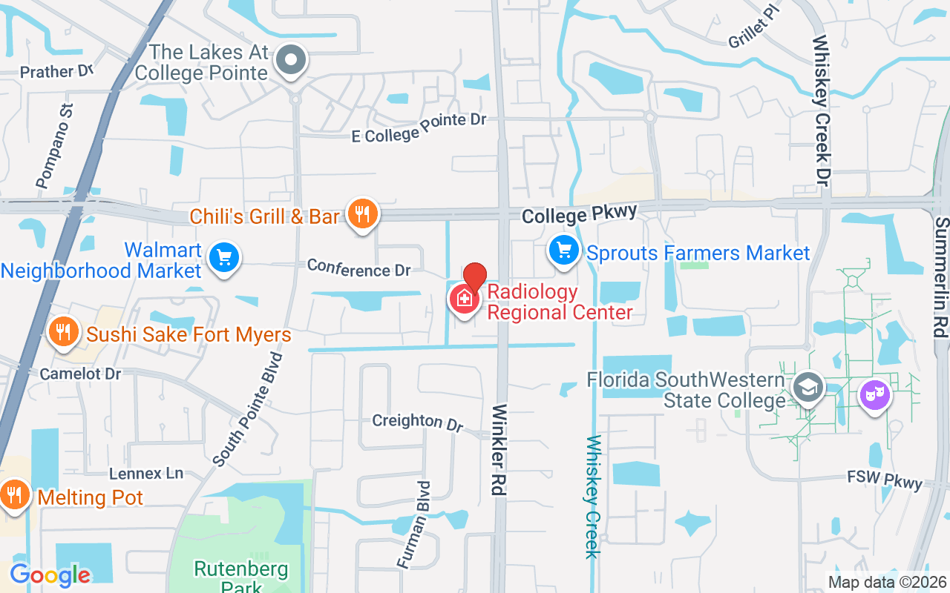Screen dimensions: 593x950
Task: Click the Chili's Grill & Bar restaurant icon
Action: coord(362,215)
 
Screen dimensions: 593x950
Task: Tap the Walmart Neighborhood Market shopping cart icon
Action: coord(224,258)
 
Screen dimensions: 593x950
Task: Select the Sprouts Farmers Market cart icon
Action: coord(565,251)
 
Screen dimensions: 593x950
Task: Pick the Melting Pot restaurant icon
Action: coord(13,494)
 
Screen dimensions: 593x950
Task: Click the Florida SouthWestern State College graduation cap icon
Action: coord(807,387)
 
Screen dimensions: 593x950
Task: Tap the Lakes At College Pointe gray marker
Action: coord(291,60)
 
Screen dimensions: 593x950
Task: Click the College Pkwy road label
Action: coord(579,214)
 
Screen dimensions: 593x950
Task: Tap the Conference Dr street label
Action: coord(358,268)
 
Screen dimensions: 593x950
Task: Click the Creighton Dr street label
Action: coord(417,422)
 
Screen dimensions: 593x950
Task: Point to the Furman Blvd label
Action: coord(413,524)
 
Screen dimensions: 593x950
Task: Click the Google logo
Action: coord(50,574)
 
